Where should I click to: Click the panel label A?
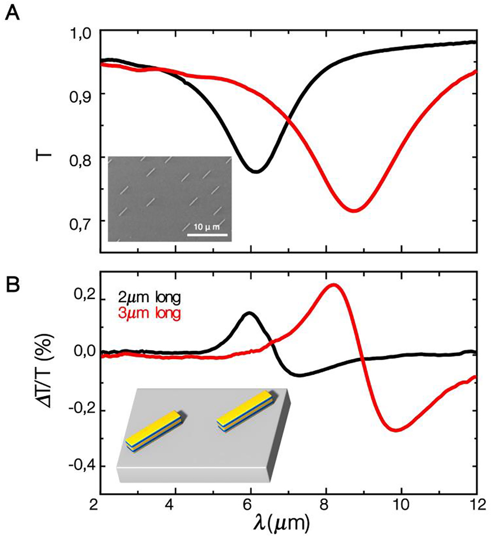(12, 12)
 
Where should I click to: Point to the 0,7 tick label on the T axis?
(80, 221)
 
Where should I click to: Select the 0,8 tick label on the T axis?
(80, 157)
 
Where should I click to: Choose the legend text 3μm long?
(149, 314)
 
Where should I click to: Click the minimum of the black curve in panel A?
(256, 171)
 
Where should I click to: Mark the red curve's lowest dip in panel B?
(397, 430)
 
